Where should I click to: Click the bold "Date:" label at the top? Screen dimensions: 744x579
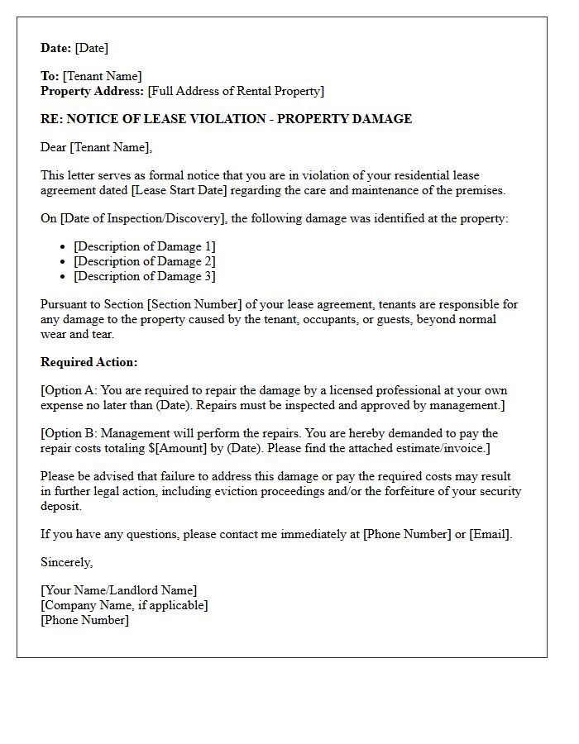56,48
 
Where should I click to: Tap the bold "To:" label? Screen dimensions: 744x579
50,76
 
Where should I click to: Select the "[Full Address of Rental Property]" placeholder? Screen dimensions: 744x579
236,91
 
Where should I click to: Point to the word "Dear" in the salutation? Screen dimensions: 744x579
54,147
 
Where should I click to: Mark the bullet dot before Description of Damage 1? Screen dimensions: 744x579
64,247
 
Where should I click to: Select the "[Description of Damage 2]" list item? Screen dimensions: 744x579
145,261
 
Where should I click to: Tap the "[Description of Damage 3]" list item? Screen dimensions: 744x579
145,276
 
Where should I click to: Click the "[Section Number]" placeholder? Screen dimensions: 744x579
194,304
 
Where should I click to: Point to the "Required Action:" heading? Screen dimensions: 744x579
89,362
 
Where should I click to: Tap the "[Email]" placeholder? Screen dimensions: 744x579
490,534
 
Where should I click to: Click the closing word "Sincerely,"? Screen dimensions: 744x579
67,562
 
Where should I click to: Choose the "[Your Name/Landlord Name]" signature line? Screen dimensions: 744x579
119,590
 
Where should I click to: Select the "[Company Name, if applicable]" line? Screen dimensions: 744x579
124,605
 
